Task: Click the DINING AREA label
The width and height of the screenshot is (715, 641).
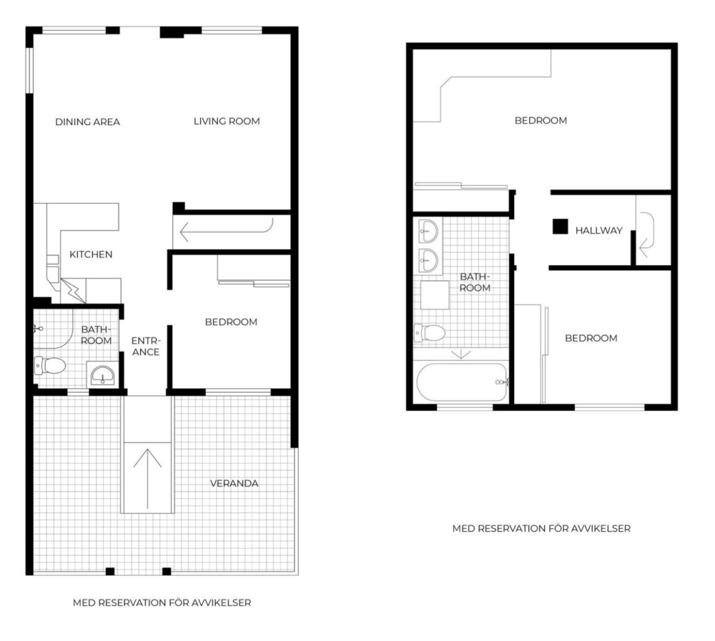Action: [x=88, y=121]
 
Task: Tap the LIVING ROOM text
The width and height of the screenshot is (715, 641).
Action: [x=227, y=121]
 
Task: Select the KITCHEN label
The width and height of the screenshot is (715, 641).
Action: [x=91, y=254]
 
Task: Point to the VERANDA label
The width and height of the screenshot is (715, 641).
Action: [x=234, y=483]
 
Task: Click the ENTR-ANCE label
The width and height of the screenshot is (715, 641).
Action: [x=146, y=347]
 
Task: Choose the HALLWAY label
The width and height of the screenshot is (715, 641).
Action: [x=599, y=230]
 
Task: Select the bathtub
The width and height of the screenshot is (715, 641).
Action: [x=463, y=382]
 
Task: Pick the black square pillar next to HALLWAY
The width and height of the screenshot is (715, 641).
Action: [x=560, y=227]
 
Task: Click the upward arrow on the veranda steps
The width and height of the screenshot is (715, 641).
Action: [x=147, y=479]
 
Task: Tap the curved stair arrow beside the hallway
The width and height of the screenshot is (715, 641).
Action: [x=647, y=235]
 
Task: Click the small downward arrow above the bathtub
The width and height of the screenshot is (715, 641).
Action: [x=461, y=354]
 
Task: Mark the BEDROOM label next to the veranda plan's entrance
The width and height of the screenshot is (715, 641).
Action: [x=231, y=322]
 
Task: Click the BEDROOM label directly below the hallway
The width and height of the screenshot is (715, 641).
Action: [x=591, y=338]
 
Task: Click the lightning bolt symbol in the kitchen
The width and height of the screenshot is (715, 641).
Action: [x=73, y=291]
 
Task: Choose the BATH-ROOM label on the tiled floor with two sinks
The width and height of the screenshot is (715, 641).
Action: [x=475, y=282]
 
